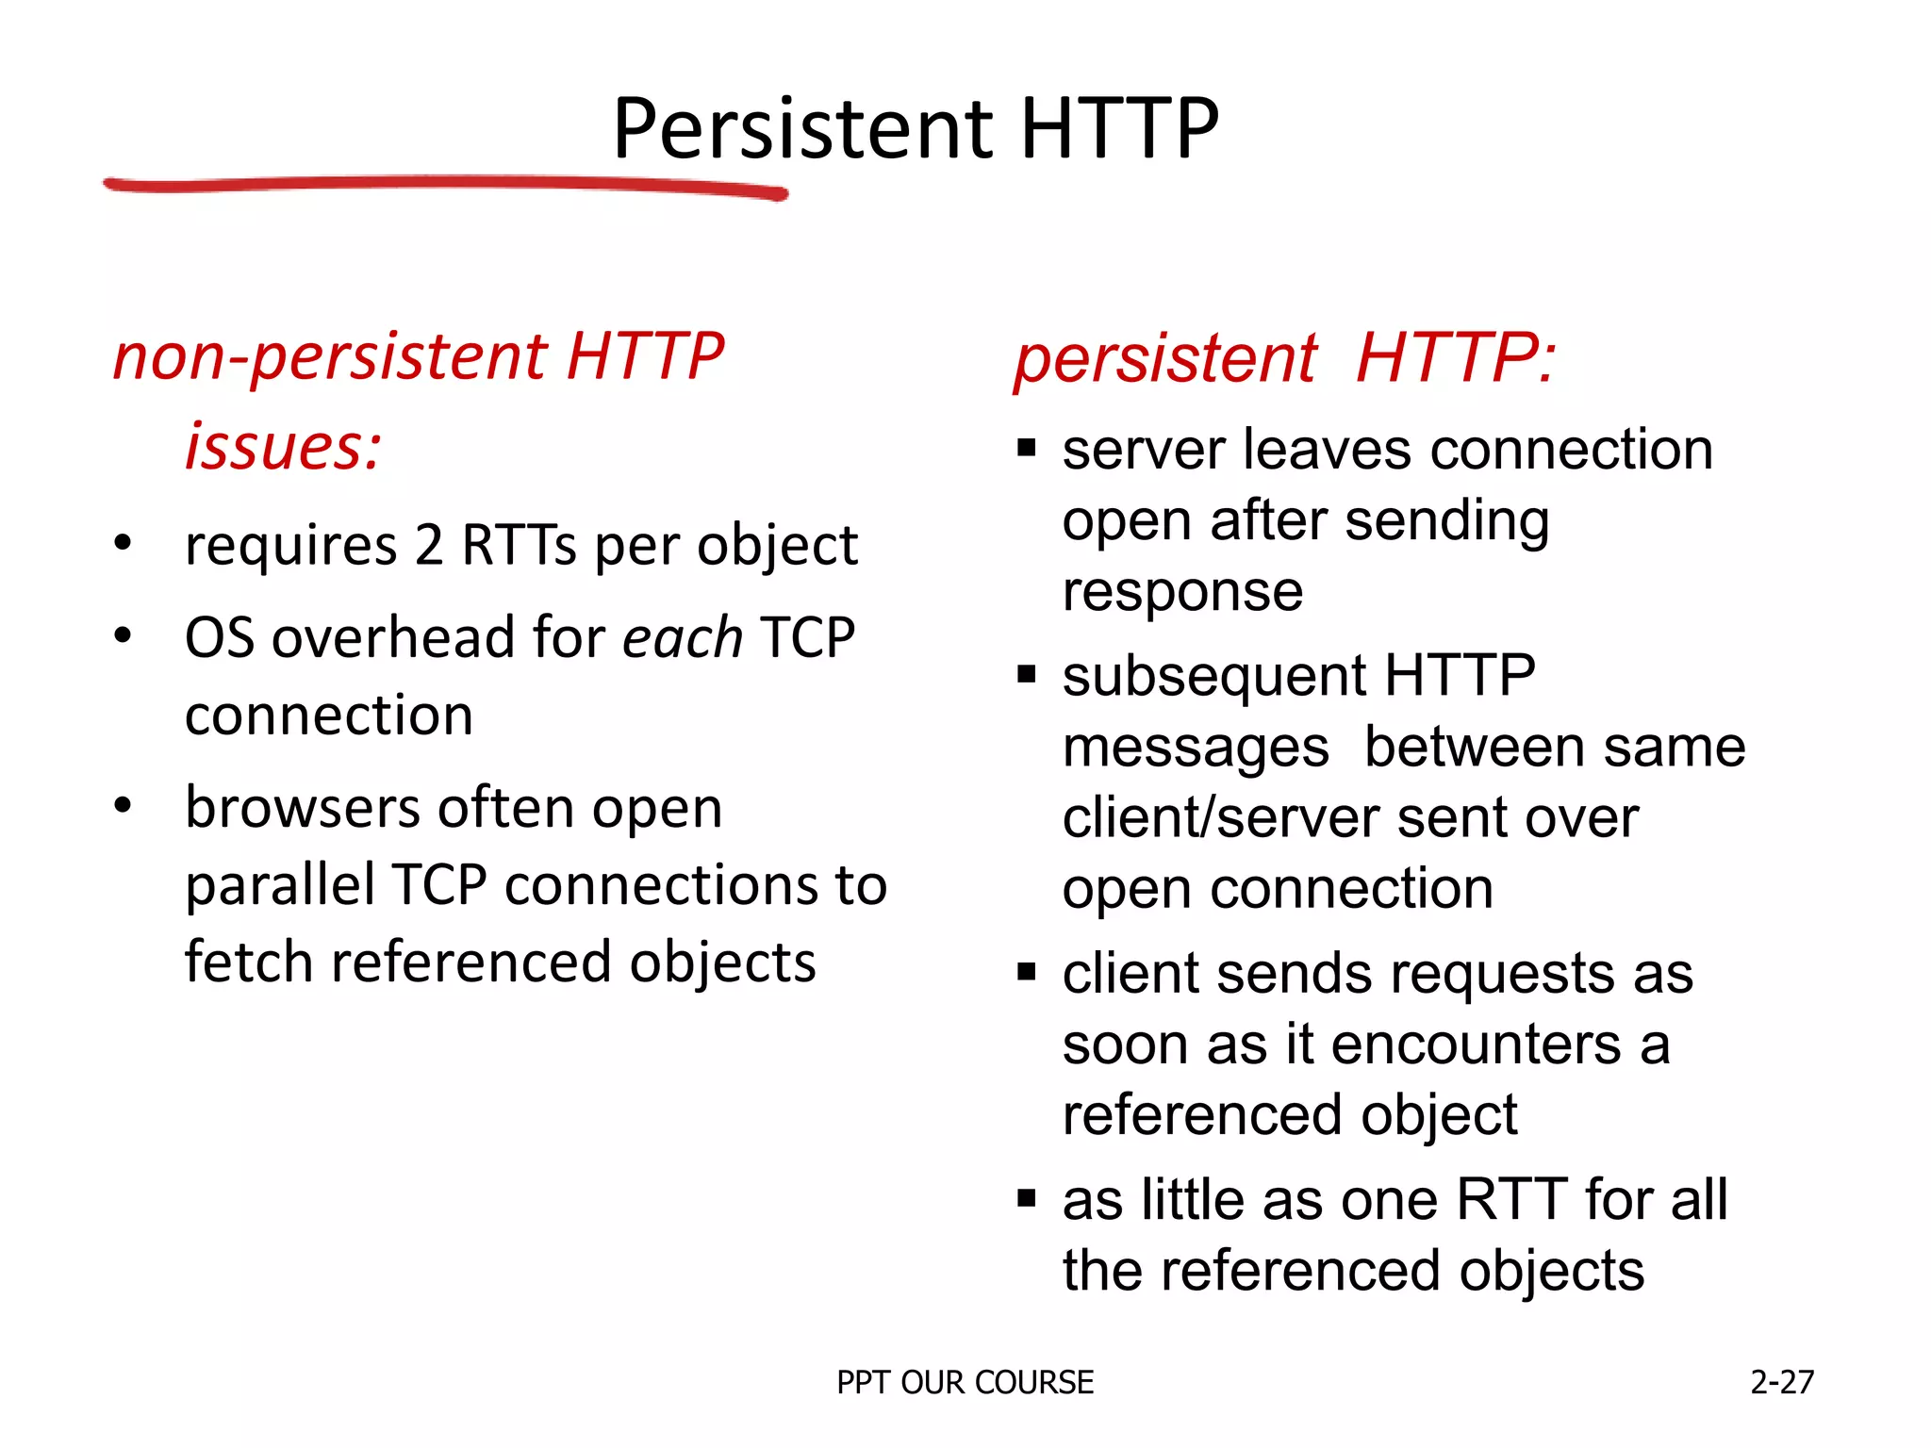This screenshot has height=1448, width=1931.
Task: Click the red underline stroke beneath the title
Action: coord(443,185)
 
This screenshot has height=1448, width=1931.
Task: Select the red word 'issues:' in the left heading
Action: coord(283,446)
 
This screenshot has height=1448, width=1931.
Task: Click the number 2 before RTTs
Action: coord(429,545)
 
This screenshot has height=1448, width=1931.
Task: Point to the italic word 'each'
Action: coord(683,638)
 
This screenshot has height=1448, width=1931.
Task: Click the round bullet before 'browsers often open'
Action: coord(123,806)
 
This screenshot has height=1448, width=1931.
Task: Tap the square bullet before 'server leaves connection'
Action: coord(1027,448)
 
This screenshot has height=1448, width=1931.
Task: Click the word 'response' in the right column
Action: coord(1182,592)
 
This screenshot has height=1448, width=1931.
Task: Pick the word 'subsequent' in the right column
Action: coord(1214,676)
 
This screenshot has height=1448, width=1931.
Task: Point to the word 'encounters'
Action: coord(1476,1045)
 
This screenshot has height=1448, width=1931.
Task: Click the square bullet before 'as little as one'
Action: coord(1027,1199)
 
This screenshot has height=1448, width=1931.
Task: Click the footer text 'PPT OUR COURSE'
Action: coord(965,1382)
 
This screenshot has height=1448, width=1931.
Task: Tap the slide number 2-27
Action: coord(1781,1382)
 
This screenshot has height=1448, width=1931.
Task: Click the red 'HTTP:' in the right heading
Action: coord(1456,359)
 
